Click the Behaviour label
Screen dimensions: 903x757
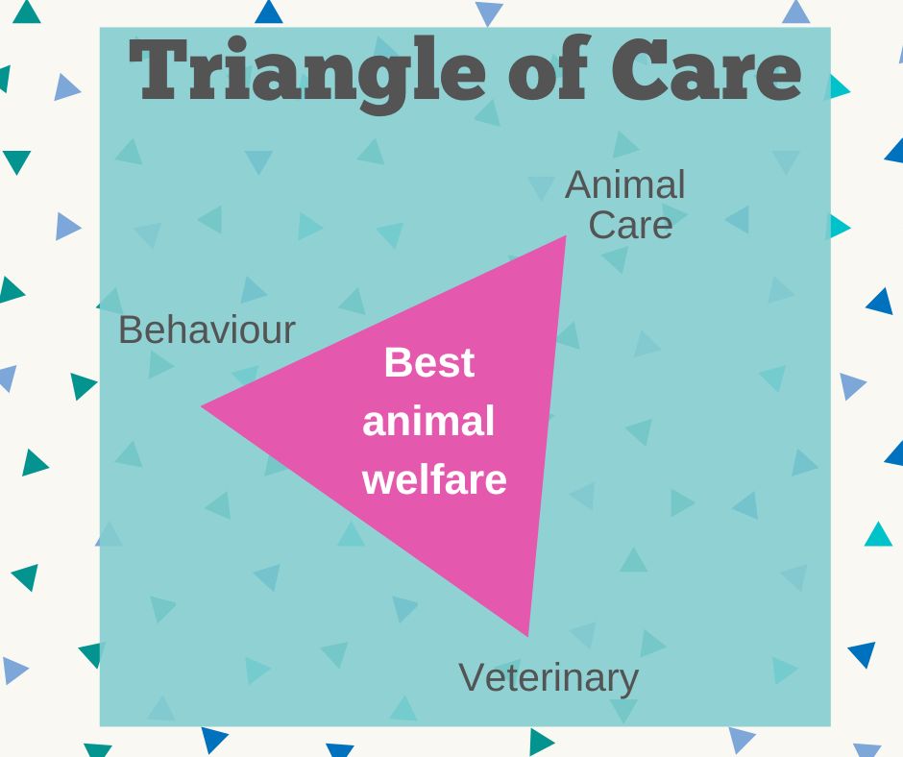[x=207, y=330]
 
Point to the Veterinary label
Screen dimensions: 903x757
[x=549, y=678]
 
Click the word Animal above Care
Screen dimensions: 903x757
[x=625, y=185]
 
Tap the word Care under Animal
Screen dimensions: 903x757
[x=630, y=225]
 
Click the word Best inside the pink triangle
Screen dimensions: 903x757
[x=429, y=362]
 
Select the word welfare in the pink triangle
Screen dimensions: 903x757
[x=435, y=478]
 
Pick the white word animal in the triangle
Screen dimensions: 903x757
[x=428, y=421]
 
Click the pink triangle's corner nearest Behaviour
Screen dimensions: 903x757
[x=202, y=406]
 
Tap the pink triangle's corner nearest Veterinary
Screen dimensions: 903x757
[x=527, y=636]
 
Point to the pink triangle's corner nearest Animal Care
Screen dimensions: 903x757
[x=566, y=235]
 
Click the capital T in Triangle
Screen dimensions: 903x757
[x=159, y=69]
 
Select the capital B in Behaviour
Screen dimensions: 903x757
[x=130, y=330]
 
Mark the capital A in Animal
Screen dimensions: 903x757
[x=578, y=185]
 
